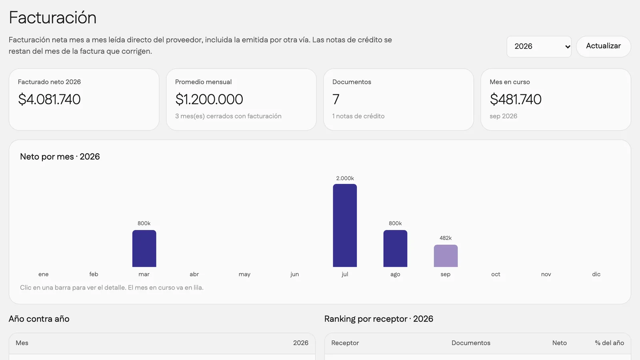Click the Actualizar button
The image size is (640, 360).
point(604,46)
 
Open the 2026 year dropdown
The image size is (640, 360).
point(539,46)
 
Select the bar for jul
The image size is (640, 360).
point(345,226)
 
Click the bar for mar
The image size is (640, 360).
point(144,248)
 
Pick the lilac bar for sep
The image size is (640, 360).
point(446,256)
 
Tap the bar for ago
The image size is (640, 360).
point(395,248)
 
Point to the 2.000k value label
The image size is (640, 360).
point(345,178)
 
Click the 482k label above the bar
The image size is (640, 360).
point(446,238)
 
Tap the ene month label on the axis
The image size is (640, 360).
point(44,274)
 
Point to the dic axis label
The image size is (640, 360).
point(596,274)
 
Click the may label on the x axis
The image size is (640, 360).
point(244,274)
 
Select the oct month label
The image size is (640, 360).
point(496,274)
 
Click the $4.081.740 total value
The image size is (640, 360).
point(49,100)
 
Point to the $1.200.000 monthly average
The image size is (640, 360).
point(209,100)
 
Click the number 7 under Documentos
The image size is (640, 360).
point(336,100)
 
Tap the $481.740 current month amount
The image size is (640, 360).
point(516,100)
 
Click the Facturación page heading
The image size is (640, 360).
point(52,18)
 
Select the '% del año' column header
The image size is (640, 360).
point(610,343)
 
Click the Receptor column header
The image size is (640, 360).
point(345,343)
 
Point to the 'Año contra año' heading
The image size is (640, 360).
point(39,319)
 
